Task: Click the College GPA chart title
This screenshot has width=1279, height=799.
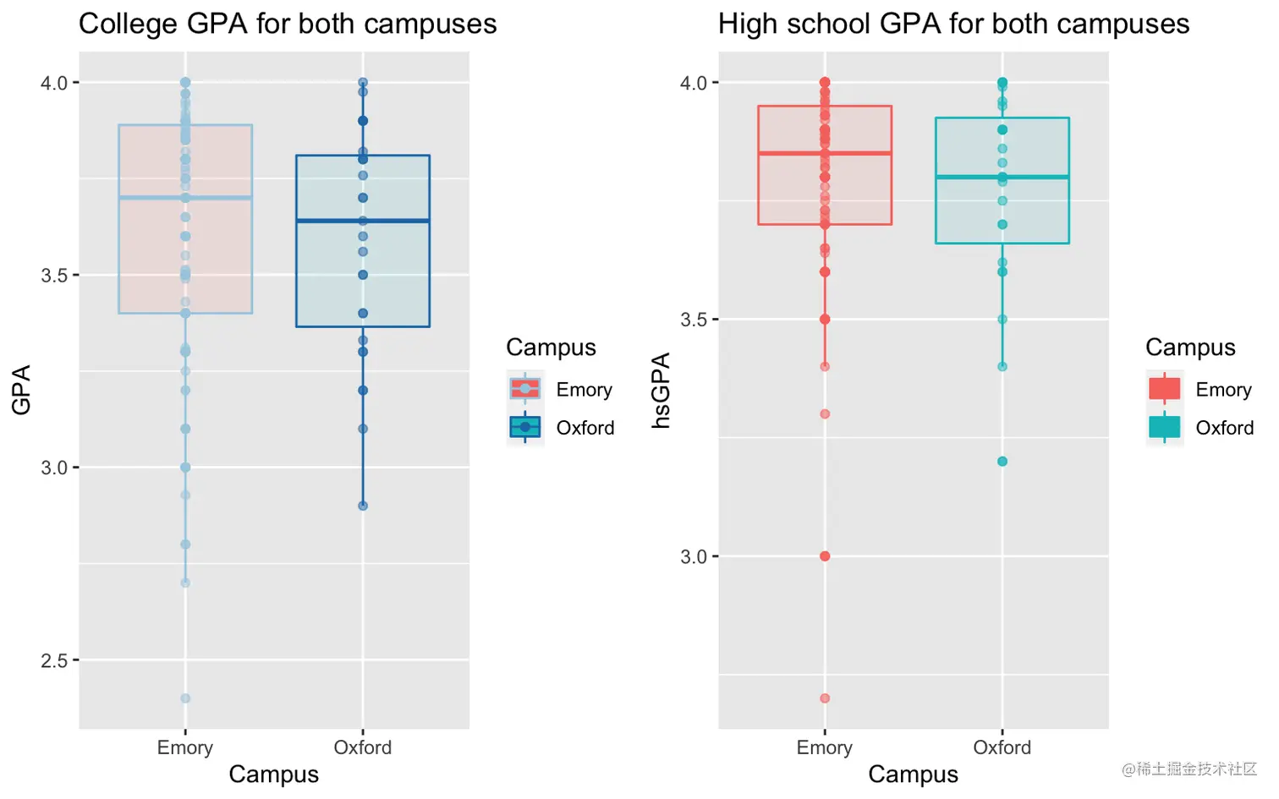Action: point(288,24)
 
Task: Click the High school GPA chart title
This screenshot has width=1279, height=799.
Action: point(953,24)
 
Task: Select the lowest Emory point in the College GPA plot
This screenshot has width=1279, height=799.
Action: point(185,698)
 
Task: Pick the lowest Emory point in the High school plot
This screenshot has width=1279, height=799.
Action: point(825,698)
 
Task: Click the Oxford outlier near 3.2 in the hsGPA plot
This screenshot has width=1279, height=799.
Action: point(1002,462)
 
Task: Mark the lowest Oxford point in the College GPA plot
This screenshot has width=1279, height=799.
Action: point(363,506)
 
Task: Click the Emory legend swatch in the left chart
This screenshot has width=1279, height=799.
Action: point(525,389)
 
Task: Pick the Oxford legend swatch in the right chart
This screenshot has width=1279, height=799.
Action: point(1165,427)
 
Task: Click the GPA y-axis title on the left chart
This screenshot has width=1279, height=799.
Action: point(21,390)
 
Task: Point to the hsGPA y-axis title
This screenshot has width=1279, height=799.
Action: point(661,390)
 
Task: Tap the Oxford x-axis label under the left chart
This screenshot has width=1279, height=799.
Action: point(363,747)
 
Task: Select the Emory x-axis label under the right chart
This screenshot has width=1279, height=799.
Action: point(825,747)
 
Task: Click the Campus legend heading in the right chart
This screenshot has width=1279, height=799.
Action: point(1190,348)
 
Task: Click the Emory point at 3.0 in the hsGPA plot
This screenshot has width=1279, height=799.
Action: point(825,556)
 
